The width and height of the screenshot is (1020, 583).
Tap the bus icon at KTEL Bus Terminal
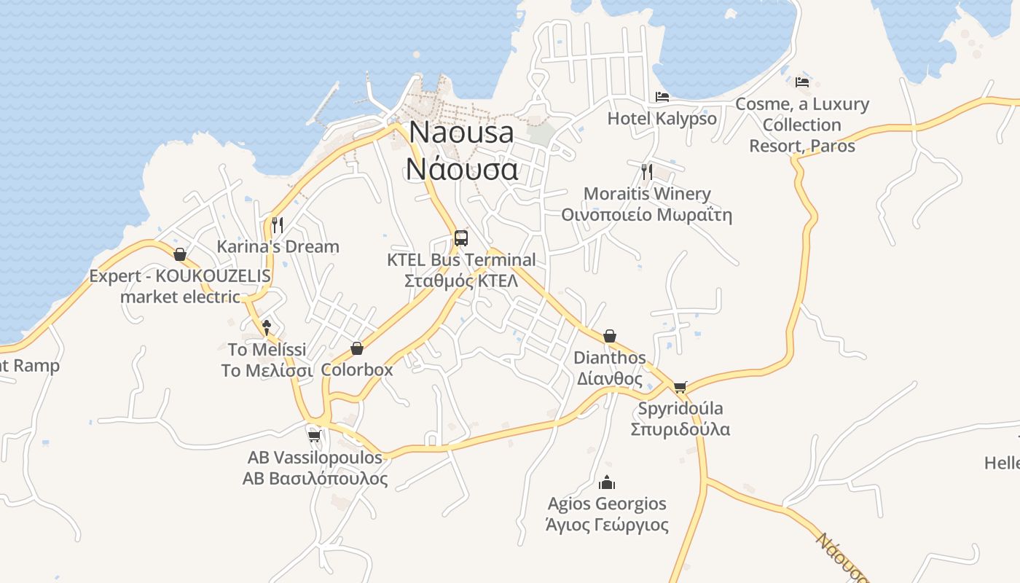(x=461, y=238)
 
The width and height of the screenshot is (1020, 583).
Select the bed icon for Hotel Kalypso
(x=662, y=96)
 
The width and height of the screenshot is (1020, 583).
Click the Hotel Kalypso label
(x=662, y=118)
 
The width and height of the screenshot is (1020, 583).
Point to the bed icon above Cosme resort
(x=802, y=82)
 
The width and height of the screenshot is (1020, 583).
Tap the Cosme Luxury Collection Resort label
(x=802, y=125)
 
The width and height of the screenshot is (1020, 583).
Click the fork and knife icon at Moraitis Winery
(x=646, y=171)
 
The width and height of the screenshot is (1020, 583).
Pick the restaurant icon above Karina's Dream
(x=277, y=224)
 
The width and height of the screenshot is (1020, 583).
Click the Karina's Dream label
(x=278, y=246)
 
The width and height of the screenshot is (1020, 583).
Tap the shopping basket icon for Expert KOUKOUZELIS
(x=180, y=254)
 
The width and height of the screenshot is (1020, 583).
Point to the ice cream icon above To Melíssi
(x=267, y=327)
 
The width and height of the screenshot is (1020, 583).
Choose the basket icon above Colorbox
(x=357, y=348)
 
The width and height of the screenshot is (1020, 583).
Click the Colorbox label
(x=357, y=369)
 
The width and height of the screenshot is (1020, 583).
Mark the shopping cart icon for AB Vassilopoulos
(x=314, y=436)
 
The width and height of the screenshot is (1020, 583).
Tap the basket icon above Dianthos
(x=610, y=336)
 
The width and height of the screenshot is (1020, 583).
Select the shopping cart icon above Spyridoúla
(x=680, y=386)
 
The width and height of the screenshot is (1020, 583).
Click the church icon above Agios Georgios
(x=607, y=482)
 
